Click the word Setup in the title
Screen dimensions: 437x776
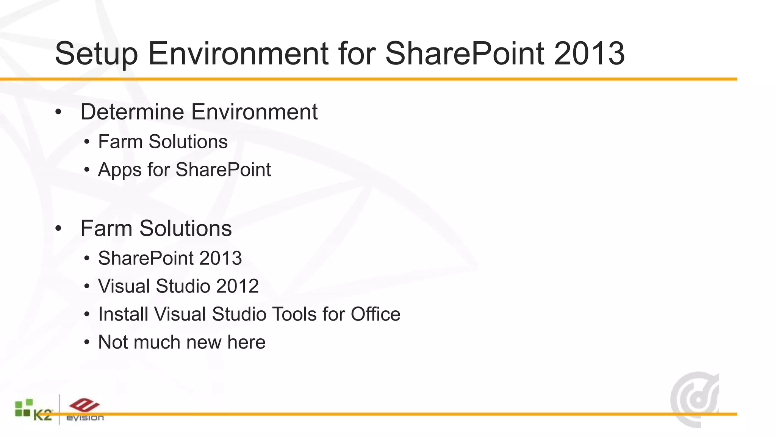pos(96,54)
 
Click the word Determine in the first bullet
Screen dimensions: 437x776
pos(132,112)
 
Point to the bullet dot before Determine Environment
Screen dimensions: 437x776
pos(58,112)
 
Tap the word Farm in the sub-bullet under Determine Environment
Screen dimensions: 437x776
pos(120,142)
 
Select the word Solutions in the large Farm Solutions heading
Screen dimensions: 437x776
pos(185,228)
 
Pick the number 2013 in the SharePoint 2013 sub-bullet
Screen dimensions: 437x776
pos(221,258)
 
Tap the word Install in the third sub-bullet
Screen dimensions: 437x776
pos(123,314)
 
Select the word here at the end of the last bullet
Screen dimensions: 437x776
pos(246,342)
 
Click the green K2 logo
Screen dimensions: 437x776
pos(33,410)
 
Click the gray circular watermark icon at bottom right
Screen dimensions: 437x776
pos(695,399)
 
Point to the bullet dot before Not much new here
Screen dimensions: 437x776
pos(87,343)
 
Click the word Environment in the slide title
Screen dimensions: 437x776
pos(238,54)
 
